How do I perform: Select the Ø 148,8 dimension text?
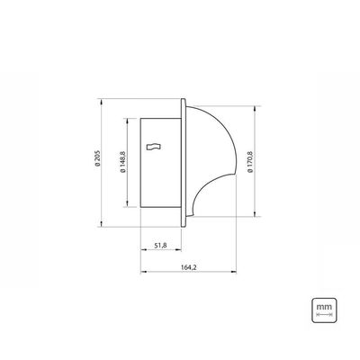click(x=122, y=162)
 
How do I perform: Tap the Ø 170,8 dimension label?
click(x=250, y=161)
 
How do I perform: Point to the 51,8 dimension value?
click(x=161, y=246)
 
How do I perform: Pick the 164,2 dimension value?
click(x=188, y=267)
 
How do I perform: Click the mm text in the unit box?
click(x=324, y=307)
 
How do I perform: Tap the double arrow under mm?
click(x=324, y=315)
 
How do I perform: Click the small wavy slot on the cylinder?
click(x=154, y=147)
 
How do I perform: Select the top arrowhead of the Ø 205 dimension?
click(x=102, y=102)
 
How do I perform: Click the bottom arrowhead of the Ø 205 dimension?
click(x=102, y=224)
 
